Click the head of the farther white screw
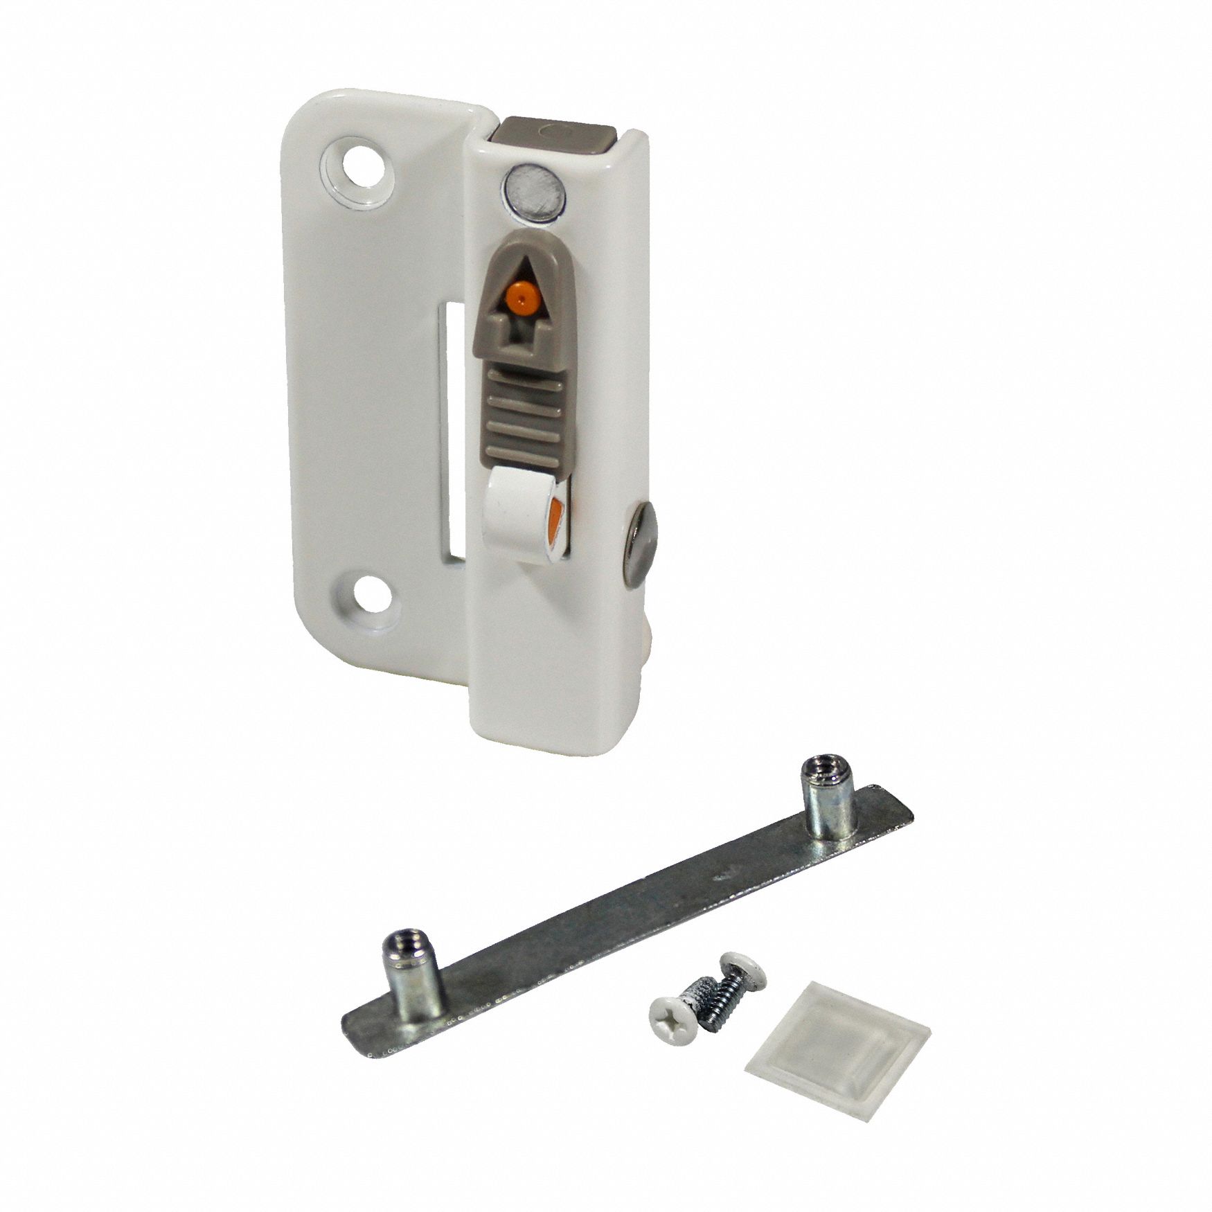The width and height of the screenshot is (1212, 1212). point(741,964)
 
